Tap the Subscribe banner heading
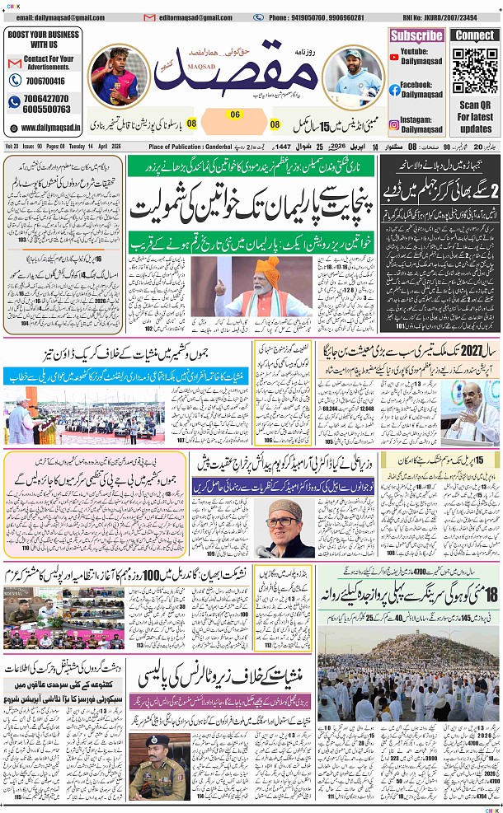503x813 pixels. pyautogui.click(x=416, y=35)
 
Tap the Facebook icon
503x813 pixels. pyautogui.click(x=395, y=90)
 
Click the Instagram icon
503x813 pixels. pyautogui.click(x=395, y=124)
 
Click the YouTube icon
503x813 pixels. pyautogui.click(x=395, y=55)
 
